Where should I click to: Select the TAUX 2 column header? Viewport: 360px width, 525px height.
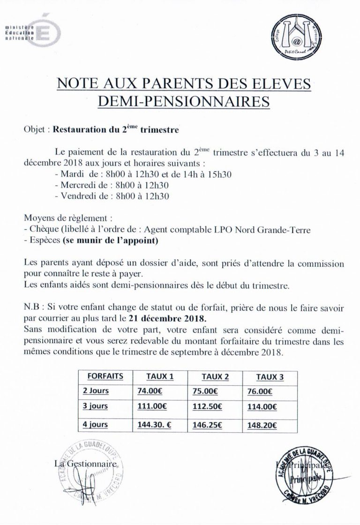pyautogui.click(x=213, y=376)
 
